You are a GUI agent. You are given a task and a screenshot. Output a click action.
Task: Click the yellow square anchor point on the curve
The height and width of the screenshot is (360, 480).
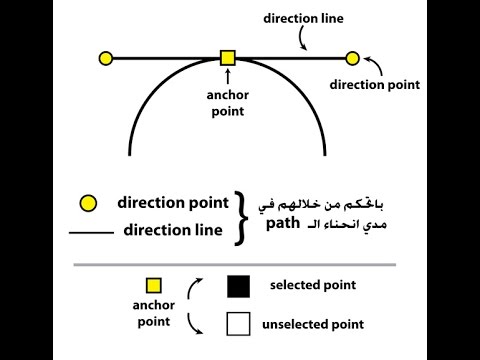[227, 58]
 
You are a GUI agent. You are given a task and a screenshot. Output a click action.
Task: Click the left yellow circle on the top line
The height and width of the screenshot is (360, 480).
[106, 58]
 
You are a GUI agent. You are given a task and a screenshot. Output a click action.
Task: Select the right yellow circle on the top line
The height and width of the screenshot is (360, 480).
[352, 58]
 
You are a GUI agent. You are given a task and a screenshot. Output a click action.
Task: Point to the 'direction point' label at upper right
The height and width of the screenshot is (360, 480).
[374, 85]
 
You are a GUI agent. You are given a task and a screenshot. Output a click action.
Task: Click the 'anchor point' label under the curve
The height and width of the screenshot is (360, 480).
[228, 105]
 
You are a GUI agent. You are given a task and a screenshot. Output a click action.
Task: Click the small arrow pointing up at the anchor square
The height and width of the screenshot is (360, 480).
[228, 75]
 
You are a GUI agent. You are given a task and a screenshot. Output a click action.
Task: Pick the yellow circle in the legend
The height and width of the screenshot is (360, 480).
[89, 204]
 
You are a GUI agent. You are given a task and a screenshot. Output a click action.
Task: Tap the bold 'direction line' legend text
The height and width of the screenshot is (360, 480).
[173, 230]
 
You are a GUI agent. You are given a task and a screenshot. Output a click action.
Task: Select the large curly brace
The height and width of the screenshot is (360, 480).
[241, 217]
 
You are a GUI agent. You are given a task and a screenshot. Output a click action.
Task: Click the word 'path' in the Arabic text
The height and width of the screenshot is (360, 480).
[284, 224]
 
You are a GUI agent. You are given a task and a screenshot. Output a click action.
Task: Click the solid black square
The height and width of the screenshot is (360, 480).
[237, 287]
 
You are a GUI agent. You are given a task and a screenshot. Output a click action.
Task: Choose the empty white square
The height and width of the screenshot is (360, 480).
[237, 324]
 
